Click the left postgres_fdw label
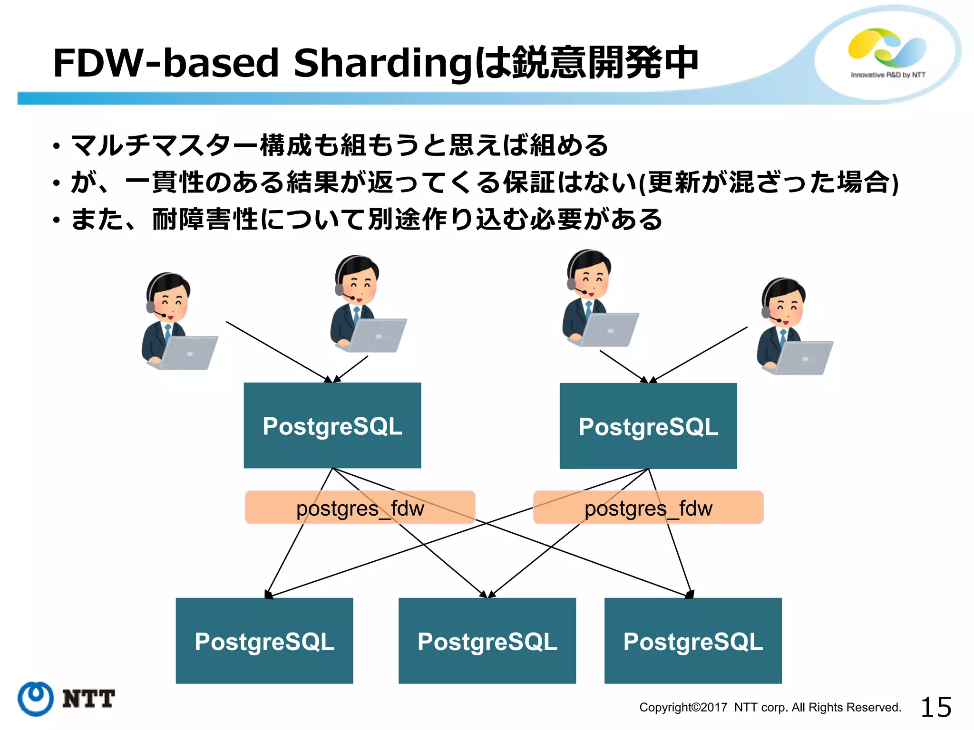[360, 508]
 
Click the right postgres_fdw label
[648, 508]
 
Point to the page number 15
[935, 707]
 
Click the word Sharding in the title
[383, 63]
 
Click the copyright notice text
[770, 707]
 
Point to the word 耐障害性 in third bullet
[205, 220]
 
